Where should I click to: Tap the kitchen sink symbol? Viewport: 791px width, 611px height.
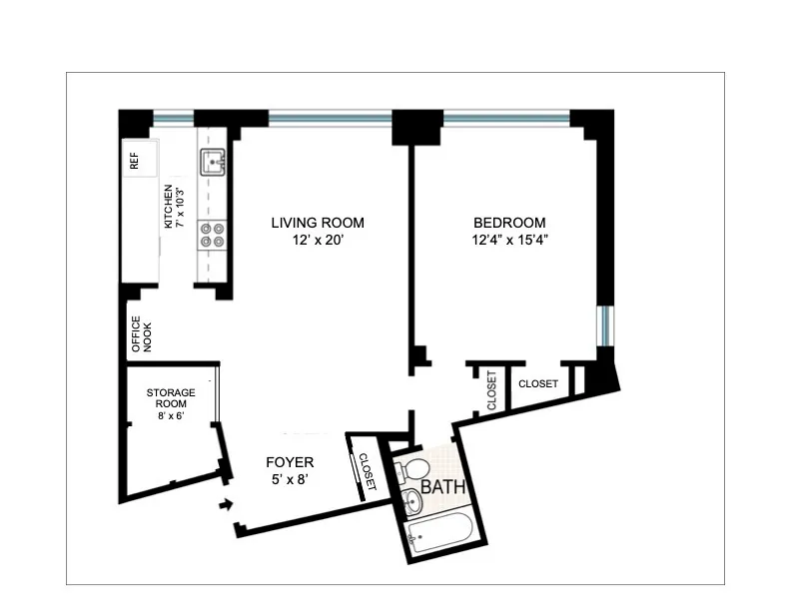(x=213, y=160)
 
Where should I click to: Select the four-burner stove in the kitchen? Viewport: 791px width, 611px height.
(x=212, y=235)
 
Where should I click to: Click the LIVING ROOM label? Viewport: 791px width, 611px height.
(x=318, y=223)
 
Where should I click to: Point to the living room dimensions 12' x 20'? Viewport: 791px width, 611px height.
(x=318, y=241)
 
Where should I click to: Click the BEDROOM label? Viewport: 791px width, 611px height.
(x=509, y=223)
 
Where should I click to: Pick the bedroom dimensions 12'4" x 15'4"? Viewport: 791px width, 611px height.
(x=509, y=241)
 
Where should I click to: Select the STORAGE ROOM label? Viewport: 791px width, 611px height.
(x=171, y=398)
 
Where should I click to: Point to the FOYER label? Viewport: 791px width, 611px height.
(x=290, y=462)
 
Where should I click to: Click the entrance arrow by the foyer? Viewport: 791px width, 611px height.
(x=228, y=505)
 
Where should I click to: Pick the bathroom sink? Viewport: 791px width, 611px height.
(x=412, y=498)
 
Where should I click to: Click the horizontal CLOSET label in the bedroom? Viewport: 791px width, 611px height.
(x=537, y=383)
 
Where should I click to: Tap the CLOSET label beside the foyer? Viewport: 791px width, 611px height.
(x=366, y=473)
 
